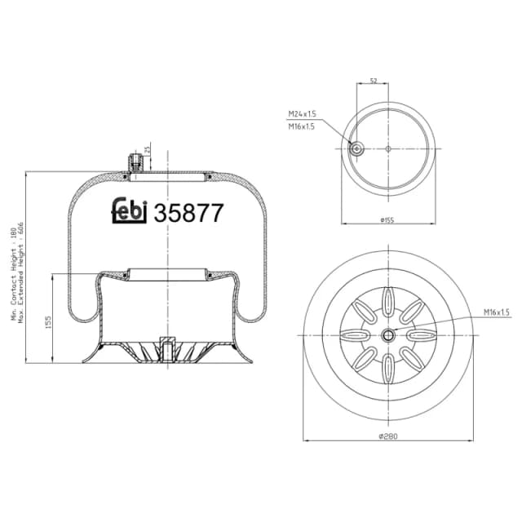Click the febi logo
[128, 211]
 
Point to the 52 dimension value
[374, 81]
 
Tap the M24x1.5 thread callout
[301, 115]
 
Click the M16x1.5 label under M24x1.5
[301, 127]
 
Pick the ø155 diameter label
[388, 219]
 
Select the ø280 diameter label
[388, 438]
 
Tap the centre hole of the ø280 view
[389, 334]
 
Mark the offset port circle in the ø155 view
[356, 148]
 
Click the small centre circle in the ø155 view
[388, 148]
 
